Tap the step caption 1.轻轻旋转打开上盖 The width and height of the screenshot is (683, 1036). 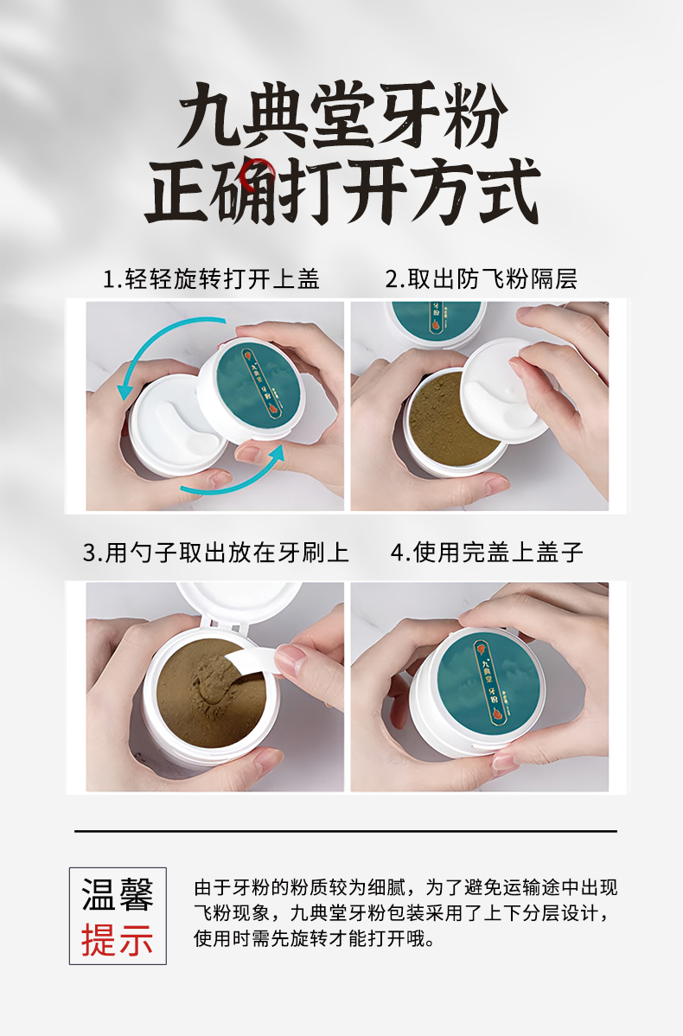click(x=211, y=278)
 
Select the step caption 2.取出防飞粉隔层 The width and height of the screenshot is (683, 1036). click(x=481, y=278)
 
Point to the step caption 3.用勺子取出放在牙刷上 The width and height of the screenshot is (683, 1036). click(x=216, y=553)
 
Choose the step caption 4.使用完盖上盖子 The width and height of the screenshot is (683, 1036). click(x=487, y=553)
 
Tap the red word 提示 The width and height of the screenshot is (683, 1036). click(x=118, y=940)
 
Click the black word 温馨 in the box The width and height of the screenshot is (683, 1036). click(x=118, y=895)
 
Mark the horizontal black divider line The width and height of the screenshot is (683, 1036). click(x=346, y=830)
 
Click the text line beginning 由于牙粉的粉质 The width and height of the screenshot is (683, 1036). click(x=405, y=887)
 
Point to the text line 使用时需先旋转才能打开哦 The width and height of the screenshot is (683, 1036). click(x=315, y=938)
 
